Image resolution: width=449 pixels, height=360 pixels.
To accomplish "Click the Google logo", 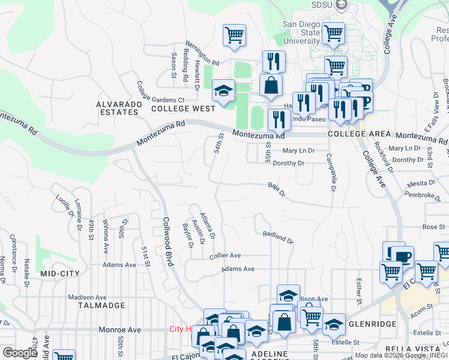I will coord(19,353).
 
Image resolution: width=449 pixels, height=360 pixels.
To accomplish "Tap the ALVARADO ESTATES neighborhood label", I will coord(118,108).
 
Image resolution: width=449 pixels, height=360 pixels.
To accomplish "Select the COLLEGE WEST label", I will coord(183,109).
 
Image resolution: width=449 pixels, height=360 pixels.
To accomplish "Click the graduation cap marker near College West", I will coord(223,92).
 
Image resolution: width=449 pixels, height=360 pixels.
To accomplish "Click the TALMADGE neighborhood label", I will coord(101,305).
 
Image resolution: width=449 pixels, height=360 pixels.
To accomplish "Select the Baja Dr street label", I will coord(277,190).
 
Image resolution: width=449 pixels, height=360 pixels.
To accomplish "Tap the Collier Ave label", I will coord(225,256).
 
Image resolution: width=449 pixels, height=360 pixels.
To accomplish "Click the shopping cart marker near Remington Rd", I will coord(234,34).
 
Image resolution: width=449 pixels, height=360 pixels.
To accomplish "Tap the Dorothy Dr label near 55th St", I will coord(289,163).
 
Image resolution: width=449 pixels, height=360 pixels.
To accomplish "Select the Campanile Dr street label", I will coord(330,173).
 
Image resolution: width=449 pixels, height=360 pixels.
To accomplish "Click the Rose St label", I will coord(430,227).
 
